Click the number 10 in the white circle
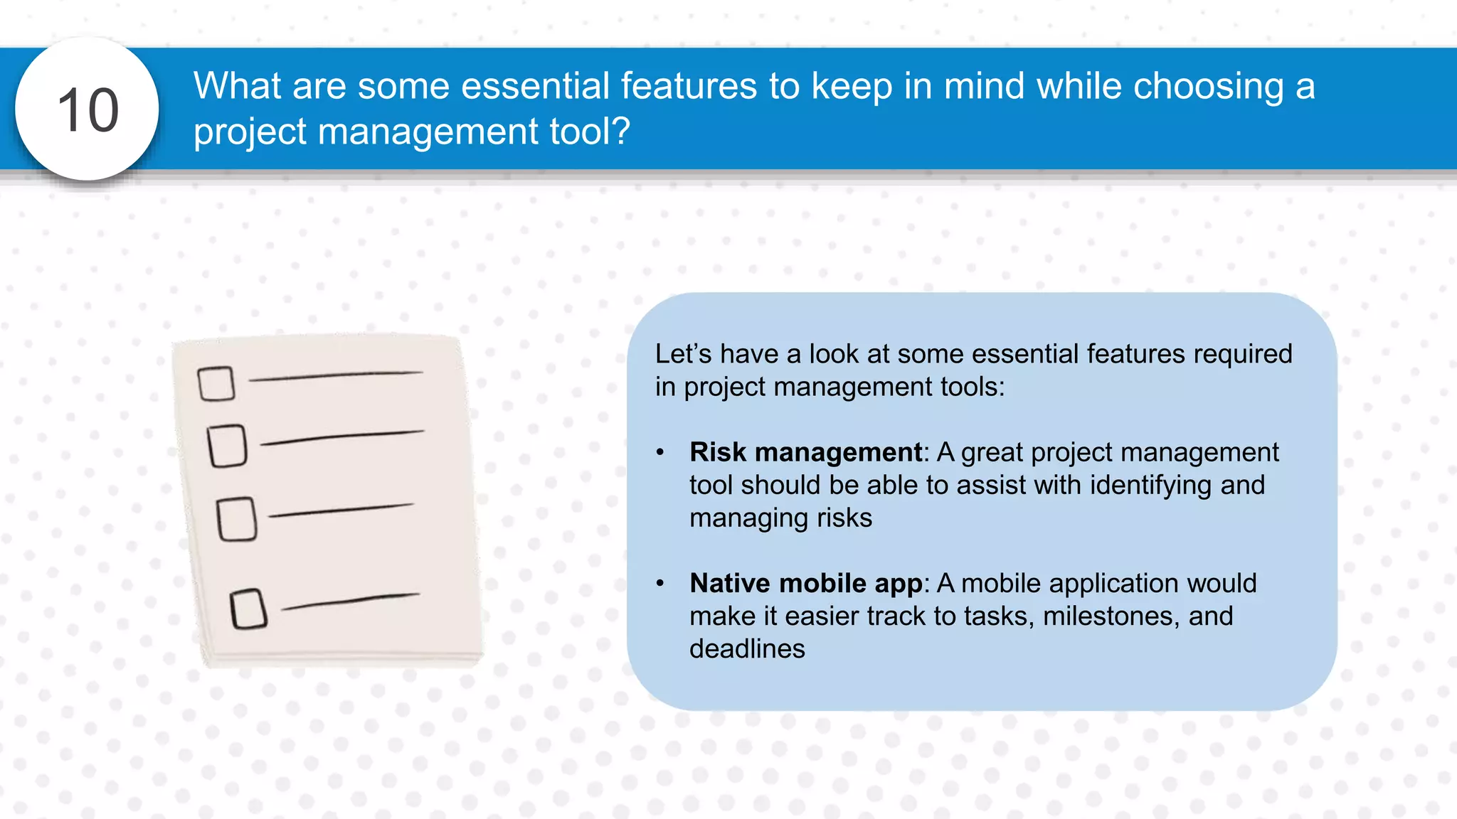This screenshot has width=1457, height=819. (88, 110)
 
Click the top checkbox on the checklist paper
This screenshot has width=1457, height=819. (216, 384)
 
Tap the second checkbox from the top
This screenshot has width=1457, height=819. (228, 446)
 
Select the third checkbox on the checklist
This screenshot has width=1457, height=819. (237, 519)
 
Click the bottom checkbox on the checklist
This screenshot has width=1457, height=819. (248, 609)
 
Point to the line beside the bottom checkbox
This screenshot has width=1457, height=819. (351, 601)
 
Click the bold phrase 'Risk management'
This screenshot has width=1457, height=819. (805, 452)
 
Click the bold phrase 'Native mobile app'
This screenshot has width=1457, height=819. (805, 583)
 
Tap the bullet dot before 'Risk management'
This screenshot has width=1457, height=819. (660, 452)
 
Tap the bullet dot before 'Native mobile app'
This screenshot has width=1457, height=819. (660, 583)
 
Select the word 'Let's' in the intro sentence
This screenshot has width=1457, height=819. (683, 354)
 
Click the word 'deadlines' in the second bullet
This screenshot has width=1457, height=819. (747, 649)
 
